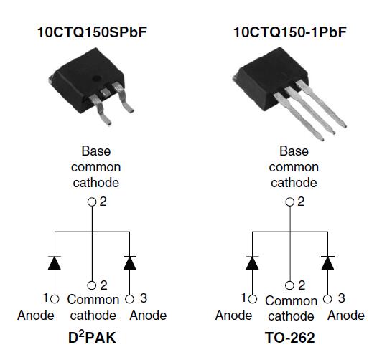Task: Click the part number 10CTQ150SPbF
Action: (92, 32)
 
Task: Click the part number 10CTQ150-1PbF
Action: (290, 32)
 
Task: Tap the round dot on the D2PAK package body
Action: (96, 79)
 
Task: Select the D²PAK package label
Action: (92, 337)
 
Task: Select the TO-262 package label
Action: (289, 338)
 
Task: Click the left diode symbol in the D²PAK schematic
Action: (55, 262)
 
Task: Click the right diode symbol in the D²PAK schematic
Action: (129, 262)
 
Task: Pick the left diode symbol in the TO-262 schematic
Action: (252, 262)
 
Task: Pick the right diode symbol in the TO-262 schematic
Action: (327, 262)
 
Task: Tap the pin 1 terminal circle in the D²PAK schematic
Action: (55, 299)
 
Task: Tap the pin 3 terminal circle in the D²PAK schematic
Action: (129, 299)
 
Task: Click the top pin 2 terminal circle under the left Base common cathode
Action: (92, 202)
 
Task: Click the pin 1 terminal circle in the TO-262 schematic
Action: (253, 299)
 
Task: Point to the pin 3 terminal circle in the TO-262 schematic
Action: (327, 299)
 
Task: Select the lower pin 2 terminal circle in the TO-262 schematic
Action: (289, 285)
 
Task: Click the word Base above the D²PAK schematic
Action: (96, 151)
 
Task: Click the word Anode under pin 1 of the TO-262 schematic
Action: (233, 316)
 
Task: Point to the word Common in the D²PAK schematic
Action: (93, 300)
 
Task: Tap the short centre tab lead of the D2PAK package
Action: (106, 93)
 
